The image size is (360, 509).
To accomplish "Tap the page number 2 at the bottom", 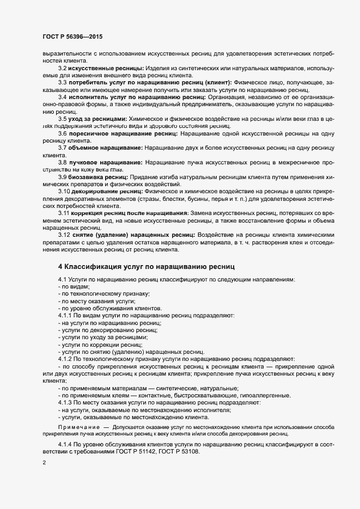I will [44, 463].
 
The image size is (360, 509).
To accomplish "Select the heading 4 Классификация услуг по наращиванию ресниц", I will [145, 266].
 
